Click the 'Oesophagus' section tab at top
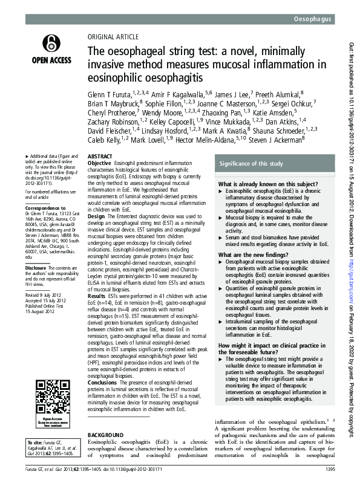[312, 20]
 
